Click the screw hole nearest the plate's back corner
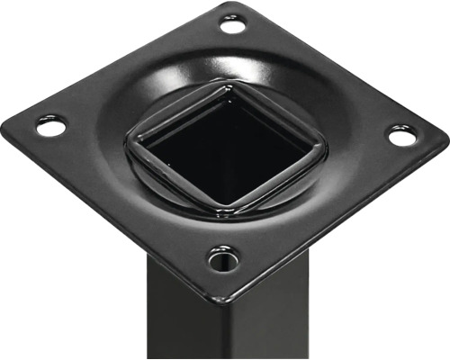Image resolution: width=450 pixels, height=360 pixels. pos(232,25)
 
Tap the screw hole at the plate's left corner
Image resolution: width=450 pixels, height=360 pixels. pos(51,127)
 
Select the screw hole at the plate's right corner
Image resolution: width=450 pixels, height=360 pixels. pos(402,136)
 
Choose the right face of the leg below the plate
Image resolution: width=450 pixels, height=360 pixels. pos(261,324)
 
